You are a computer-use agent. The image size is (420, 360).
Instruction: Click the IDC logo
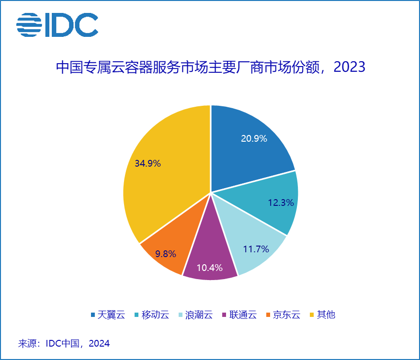click(x=57, y=24)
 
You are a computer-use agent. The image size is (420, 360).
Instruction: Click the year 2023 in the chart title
click(x=350, y=67)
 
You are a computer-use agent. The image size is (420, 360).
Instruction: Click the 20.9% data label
click(x=254, y=139)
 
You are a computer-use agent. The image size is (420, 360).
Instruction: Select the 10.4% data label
click(x=210, y=268)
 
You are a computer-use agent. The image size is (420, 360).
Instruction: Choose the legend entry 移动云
click(x=155, y=315)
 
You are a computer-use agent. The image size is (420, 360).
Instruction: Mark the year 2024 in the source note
click(x=99, y=344)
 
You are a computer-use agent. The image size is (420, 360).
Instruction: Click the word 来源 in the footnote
click(x=26, y=344)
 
